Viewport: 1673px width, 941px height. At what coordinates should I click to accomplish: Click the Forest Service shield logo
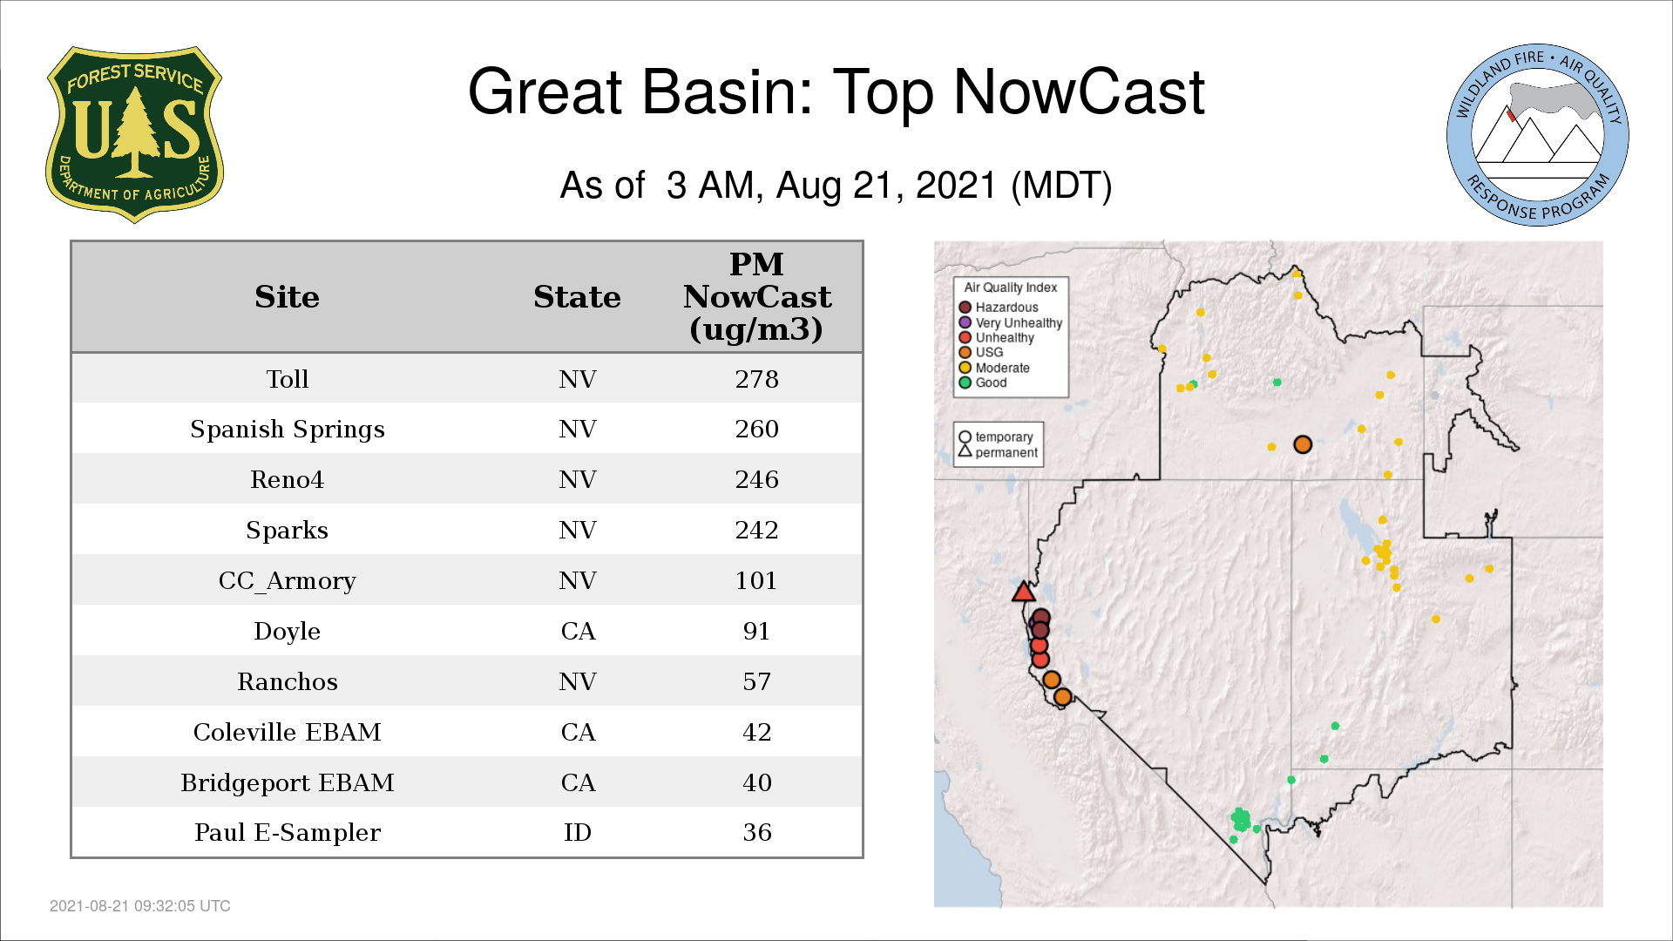click(x=134, y=135)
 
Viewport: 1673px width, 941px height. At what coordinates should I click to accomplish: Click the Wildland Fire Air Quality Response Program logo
click(x=1537, y=135)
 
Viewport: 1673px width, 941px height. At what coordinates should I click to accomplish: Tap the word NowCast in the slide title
click(x=1079, y=91)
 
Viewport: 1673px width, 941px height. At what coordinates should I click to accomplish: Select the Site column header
click(x=287, y=297)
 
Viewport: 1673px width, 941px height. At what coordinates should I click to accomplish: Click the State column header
click(x=577, y=297)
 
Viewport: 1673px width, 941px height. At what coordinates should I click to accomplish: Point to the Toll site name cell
click(x=287, y=379)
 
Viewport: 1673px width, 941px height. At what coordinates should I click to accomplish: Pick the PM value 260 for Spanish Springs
click(x=756, y=429)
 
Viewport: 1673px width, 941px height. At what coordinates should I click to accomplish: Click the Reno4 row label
click(x=287, y=479)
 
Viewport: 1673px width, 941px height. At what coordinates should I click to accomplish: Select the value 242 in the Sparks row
click(x=756, y=530)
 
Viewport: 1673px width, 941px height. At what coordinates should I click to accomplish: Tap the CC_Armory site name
click(x=287, y=581)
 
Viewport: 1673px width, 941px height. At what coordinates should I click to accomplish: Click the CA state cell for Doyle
click(x=578, y=631)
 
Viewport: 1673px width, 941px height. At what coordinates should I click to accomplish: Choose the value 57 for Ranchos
click(x=756, y=681)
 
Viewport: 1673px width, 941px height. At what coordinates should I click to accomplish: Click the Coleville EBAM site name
click(x=287, y=732)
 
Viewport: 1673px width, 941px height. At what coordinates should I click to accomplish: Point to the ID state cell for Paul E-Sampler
click(x=578, y=832)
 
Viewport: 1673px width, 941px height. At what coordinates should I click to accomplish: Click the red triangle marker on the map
click(x=1023, y=592)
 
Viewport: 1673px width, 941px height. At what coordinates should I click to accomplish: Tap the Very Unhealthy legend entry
click(x=1011, y=322)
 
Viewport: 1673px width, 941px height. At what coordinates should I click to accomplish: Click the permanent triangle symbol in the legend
click(x=965, y=451)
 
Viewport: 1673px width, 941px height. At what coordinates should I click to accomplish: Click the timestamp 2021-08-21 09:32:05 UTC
click(x=140, y=906)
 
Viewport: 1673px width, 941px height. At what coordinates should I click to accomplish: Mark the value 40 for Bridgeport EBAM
click(x=756, y=782)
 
